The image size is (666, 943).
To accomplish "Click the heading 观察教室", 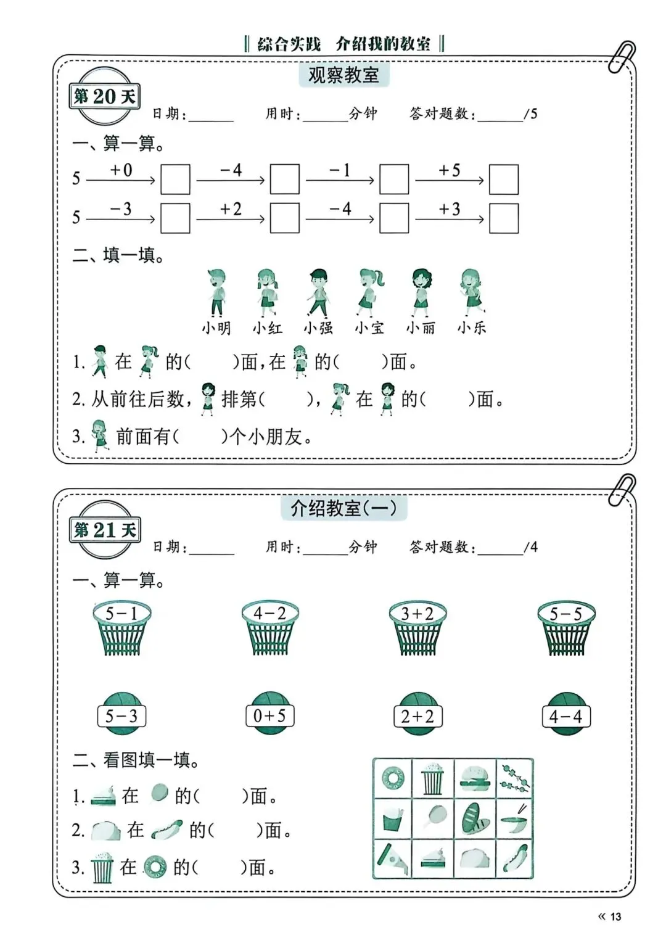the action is [x=343, y=75].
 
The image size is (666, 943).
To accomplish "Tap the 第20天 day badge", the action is [x=104, y=97].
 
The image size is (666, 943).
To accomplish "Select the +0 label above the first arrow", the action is [x=121, y=170].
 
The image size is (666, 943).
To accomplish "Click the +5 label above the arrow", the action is [x=449, y=170].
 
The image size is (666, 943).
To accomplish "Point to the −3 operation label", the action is [x=121, y=209].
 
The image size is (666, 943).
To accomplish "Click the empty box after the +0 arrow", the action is [x=175, y=179].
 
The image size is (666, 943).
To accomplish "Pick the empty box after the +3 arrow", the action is [x=503, y=218].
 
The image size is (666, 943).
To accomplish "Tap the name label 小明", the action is [x=216, y=327].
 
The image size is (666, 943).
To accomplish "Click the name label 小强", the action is [x=318, y=327].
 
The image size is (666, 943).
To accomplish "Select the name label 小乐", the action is [x=472, y=327].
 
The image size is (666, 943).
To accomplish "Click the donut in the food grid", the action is [x=393, y=778].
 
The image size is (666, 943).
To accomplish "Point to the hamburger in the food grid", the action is [x=475, y=777].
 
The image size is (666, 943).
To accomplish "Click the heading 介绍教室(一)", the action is [x=343, y=509].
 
